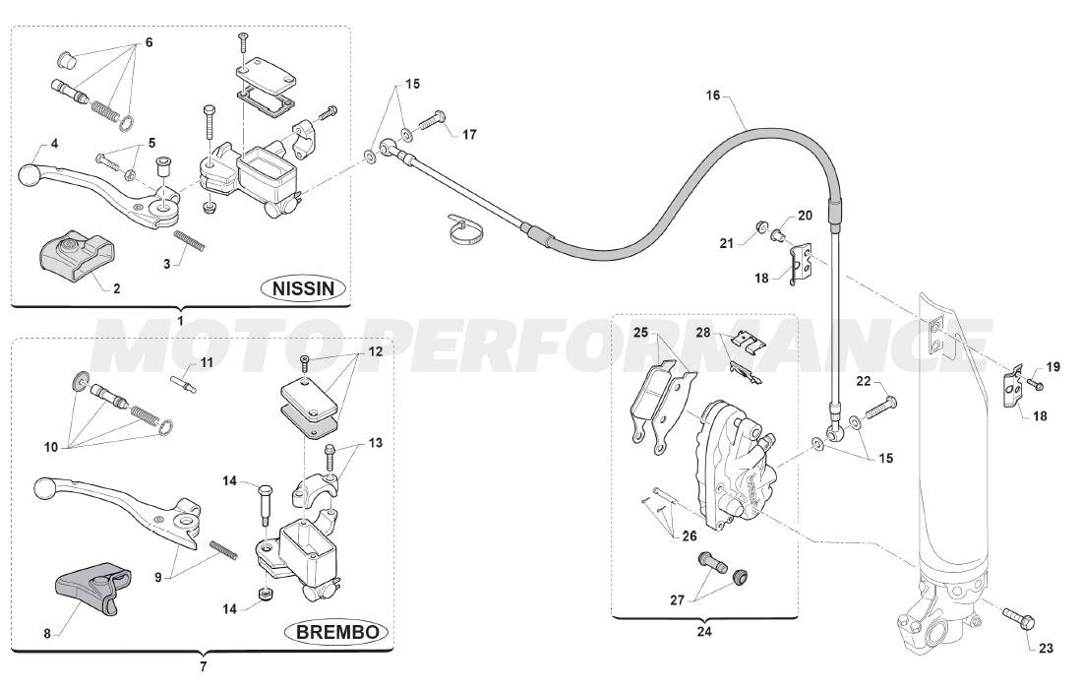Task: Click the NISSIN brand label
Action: point(304,288)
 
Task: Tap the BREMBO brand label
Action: point(335,631)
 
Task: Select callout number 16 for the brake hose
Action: point(713,95)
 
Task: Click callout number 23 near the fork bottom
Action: point(1045,649)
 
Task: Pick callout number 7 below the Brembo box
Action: point(204,666)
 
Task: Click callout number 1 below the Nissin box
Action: point(181,320)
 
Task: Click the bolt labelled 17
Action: point(433,123)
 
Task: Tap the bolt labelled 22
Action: point(880,405)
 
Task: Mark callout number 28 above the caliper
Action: point(703,332)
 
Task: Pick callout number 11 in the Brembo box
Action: point(207,361)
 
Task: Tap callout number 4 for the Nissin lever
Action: point(54,144)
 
